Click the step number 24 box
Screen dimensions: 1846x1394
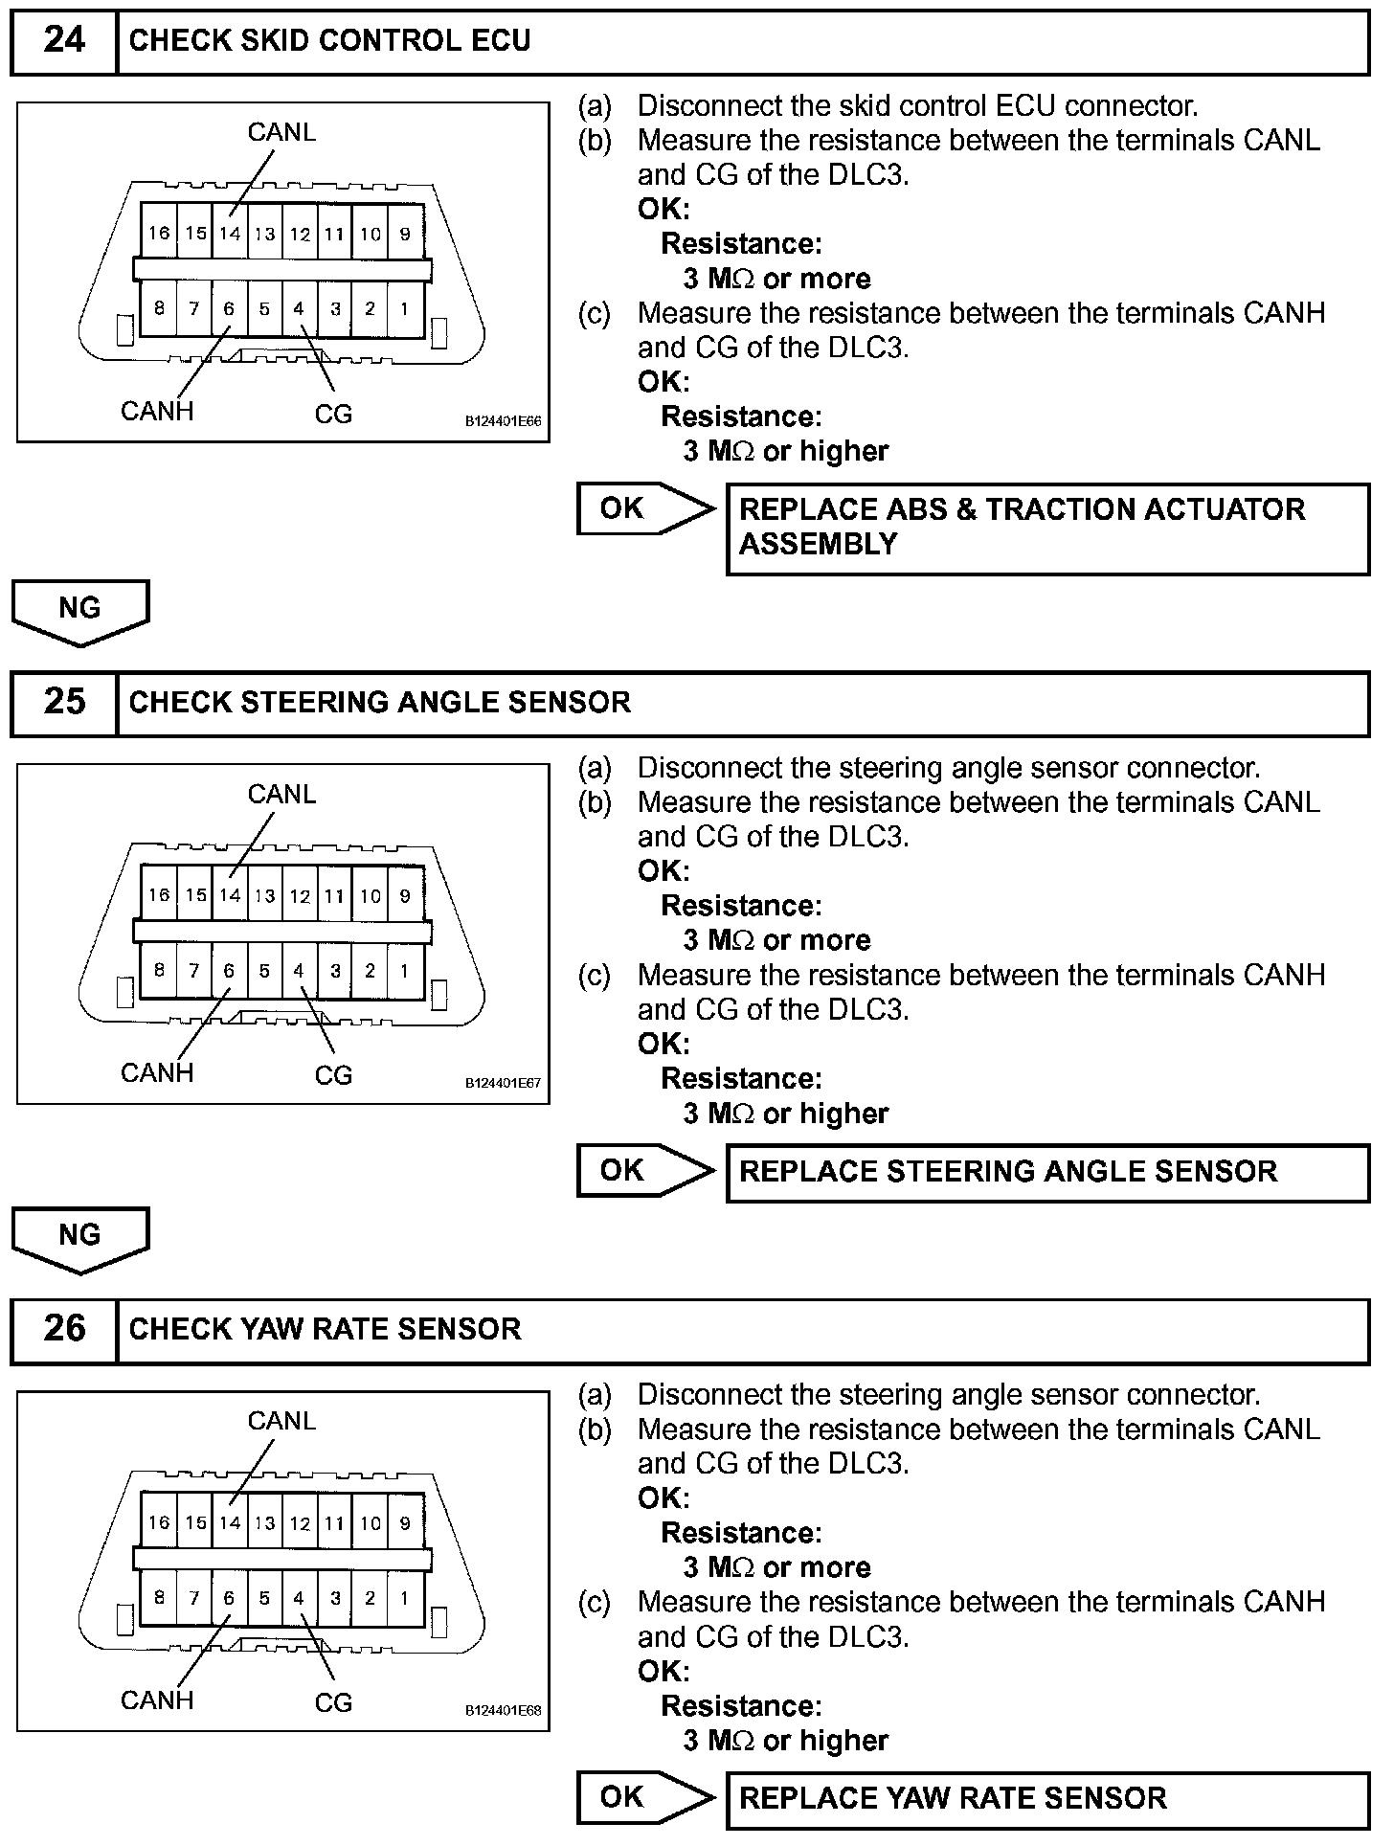tap(64, 41)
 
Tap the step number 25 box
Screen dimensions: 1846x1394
tap(64, 703)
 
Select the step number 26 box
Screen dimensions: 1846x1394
tap(64, 1329)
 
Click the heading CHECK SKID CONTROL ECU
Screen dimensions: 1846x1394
tap(329, 41)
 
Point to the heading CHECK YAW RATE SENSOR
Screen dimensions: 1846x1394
tap(325, 1329)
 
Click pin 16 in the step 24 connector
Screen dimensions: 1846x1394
tap(159, 233)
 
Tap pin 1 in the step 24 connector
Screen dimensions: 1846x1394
tap(405, 308)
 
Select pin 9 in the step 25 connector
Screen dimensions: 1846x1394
tap(405, 895)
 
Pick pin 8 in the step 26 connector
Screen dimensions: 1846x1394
tap(159, 1597)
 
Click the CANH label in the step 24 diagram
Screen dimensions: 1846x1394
tap(157, 411)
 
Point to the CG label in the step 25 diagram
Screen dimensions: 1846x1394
tap(333, 1075)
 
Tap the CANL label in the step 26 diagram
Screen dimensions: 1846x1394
tap(281, 1421)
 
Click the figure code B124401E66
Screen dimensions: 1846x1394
tap(504, 421)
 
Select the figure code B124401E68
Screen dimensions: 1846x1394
tap(504, 1710)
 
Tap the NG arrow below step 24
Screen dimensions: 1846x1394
tap(80, 611)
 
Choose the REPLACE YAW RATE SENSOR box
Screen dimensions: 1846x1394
tap(1047, 1798)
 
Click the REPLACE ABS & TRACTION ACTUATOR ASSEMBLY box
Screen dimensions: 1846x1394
tap(1047, 528)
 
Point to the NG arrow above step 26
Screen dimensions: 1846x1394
tap(80, 1238)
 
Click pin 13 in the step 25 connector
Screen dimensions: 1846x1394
tap(265, 896)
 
